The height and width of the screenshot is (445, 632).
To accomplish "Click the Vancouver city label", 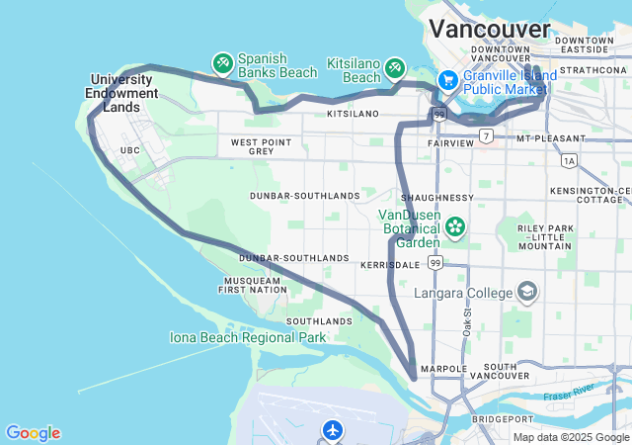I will pyautogui.click(x=491, y=28).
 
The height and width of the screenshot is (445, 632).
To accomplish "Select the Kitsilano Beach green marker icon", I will pyautogui.click(x=395, y=66).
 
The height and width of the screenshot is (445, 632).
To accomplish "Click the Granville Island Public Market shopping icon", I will pyautogui.click(x=447, y=79).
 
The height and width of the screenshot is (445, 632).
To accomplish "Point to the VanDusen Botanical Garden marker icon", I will pyautogui.click(x=454, y=226).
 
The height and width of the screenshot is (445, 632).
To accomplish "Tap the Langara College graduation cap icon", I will pyautogui.click(x=527, y=292).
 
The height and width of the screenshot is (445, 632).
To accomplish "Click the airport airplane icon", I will pyautogui.click(x=332, y=430).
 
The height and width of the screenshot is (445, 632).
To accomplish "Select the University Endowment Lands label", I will pyautogui.click(x=123, y=93).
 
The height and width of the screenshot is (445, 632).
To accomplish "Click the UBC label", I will pyautogui.click(x=129, y=150).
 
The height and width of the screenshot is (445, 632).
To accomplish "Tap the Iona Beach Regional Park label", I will pyautogui.click(x=248, y=337).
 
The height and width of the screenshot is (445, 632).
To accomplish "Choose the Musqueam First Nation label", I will pyautogui.click(x=253, y=286).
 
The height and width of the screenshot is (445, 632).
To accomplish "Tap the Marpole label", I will pyautogui.click(x=442, y=368).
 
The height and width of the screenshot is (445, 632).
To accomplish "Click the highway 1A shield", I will pyautogui.click(x=568, y=159).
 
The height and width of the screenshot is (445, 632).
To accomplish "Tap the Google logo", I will pyautogui.click(x=33, y=433).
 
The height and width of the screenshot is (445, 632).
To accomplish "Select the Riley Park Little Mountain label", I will pyautogui.click(x=544, y=237).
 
